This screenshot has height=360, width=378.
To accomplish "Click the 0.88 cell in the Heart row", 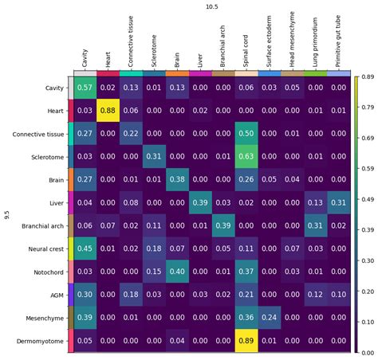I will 108,110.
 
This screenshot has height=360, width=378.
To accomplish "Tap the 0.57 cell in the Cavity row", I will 85,87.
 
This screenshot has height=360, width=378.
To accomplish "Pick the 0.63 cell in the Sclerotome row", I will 246,156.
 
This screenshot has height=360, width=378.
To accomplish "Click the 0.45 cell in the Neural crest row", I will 85,248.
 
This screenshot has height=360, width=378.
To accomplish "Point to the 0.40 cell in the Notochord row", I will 177,272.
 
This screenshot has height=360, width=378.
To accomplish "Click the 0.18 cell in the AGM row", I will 131,295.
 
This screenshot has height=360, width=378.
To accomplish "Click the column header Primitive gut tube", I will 339,40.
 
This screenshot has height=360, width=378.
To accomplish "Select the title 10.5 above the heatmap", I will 211,6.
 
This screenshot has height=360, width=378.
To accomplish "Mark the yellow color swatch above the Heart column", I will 108,72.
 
